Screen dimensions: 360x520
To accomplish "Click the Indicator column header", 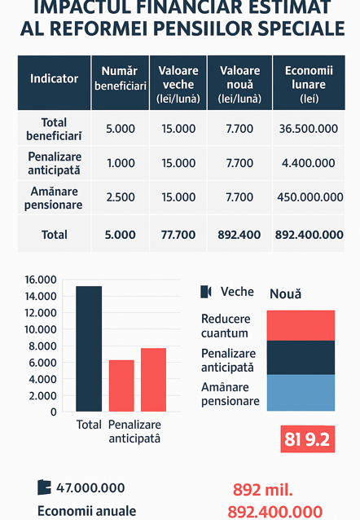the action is click(x=54, y=78).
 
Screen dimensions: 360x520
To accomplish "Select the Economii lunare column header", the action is click(x=309, y=84).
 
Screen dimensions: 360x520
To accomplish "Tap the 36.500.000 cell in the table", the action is click(x=309, y=129).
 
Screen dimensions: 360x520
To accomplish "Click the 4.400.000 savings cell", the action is click(x=309, y=163).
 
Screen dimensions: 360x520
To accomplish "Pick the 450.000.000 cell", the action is click(x=310, y=197).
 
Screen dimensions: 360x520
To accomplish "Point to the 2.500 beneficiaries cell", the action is click(x=121, y=197).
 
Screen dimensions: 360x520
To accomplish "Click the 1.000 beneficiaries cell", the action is click(x=121, y=163).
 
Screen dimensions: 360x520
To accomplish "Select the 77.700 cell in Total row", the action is click(x=178, y=235).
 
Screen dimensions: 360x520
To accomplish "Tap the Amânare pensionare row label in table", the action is click(x=54, y=198).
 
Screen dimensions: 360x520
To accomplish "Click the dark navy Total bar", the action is click(x=89, y=349).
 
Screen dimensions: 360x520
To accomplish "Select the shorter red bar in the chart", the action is click(x=121, y=386).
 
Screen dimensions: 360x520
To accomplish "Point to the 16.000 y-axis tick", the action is click(x=41, y=280).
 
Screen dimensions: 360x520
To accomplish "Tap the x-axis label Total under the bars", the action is click(x=89, y=425).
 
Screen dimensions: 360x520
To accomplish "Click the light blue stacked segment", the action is click(x=301, y=393).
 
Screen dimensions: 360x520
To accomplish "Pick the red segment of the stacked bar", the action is click(x=301, y=326).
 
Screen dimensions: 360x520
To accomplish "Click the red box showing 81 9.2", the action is click(x=308, y=439).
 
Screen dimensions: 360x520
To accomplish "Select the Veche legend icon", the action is click(x=206, y=292).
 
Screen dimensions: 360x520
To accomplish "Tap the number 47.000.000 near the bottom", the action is click(x=90, y=488).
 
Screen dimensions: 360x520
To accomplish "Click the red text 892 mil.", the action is click(x=263, y=490).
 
